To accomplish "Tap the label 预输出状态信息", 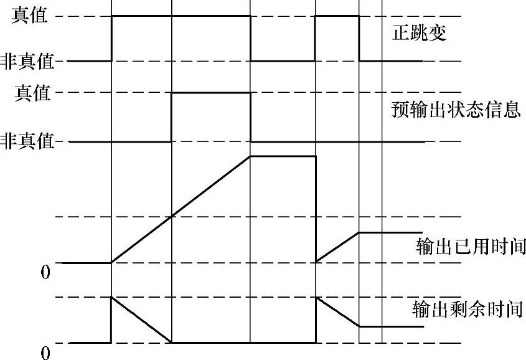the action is pos(456,110).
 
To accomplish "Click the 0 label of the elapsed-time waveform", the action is pos(45,272).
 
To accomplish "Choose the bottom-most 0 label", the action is pos(45,352).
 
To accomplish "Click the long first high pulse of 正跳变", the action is pos(181,16).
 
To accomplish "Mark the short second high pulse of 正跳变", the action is pos(337,16).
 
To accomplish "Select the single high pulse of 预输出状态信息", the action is pos(210,93).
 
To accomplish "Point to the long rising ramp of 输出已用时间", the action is pos(181,209).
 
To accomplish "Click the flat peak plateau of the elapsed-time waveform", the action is pos(283,156).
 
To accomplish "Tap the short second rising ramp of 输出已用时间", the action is pos(337,247).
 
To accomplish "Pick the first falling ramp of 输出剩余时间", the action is pos(141,320).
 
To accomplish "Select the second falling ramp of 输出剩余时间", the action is pos(337,311).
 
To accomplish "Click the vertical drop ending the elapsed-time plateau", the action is pos(316,209).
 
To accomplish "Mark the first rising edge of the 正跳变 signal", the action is pos(111,38).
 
